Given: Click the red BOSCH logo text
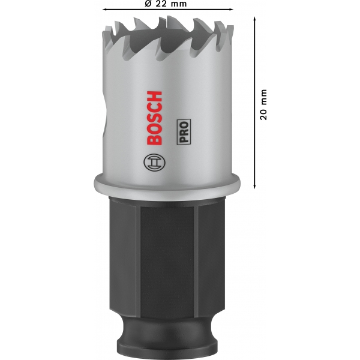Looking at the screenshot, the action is pos(154,118).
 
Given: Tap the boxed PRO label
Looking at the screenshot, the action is pos(184,132).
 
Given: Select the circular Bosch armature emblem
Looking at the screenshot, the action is pos(154,163).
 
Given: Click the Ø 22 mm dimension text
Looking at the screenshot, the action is pos(166,4).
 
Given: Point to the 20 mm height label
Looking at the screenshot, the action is pos(263,104).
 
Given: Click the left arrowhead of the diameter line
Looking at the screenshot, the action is pos(104,10).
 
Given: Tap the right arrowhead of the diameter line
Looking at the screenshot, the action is pos(231,10).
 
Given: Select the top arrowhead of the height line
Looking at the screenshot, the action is pos(254,19).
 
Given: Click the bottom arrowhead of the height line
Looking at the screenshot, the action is pos(254,186).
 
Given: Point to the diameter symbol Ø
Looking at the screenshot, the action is pos(148,4).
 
